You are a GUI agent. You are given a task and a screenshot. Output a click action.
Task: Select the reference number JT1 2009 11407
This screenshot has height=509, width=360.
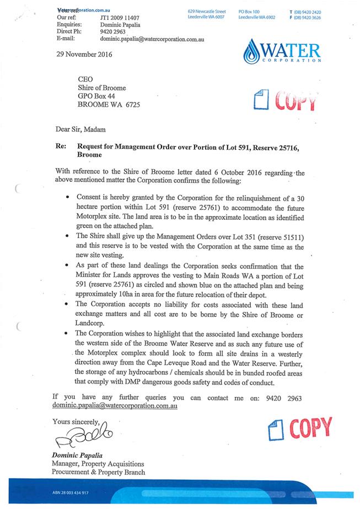122,17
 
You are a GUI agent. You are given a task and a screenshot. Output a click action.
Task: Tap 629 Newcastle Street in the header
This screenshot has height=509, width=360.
206,11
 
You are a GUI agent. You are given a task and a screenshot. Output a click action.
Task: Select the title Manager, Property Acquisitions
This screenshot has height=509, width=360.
98,464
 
